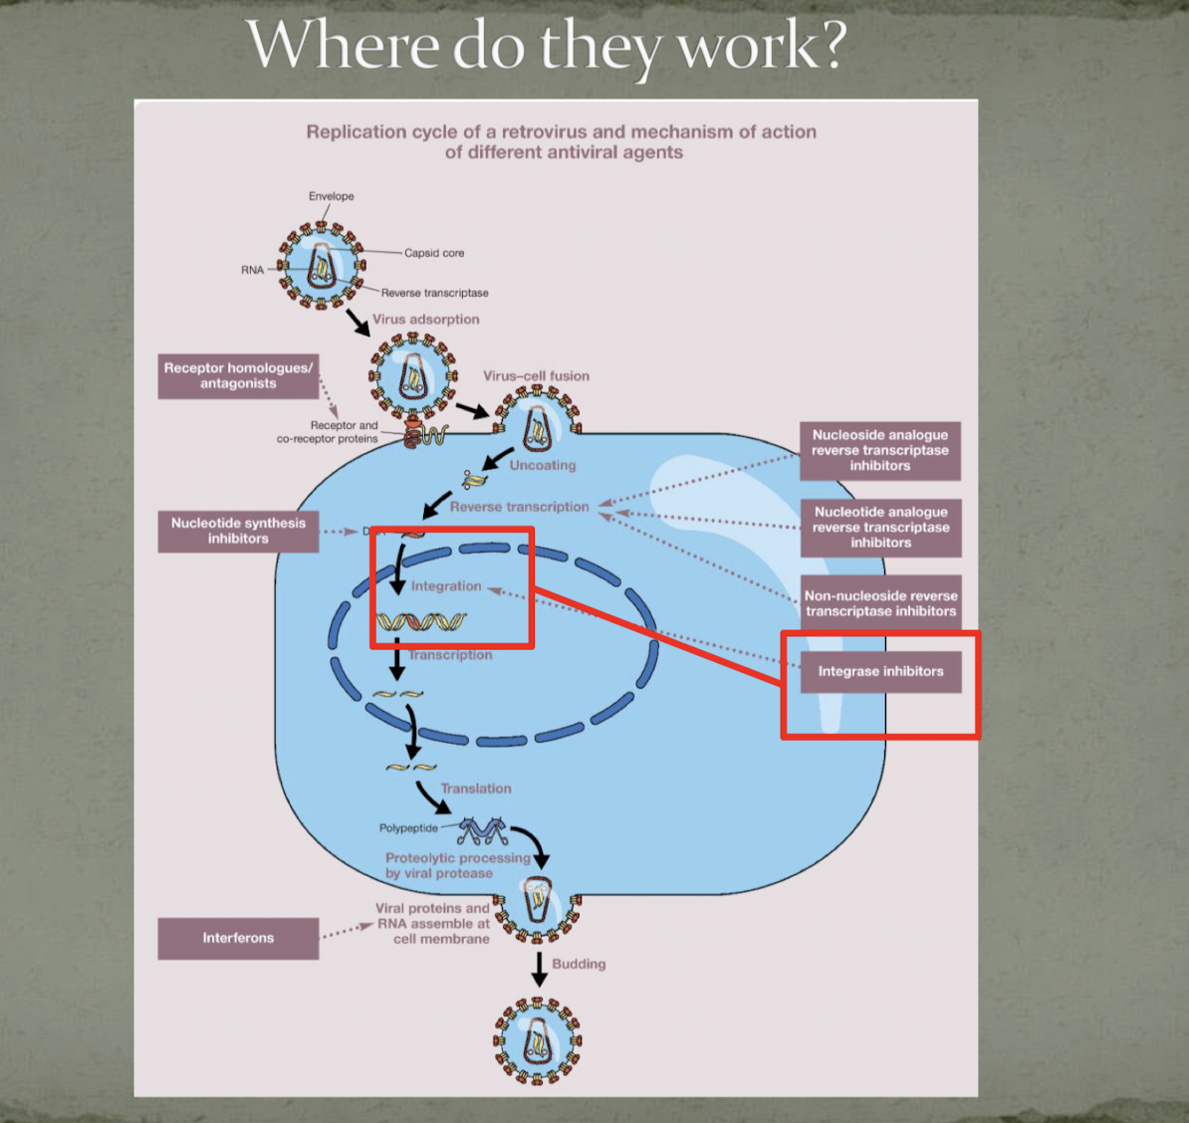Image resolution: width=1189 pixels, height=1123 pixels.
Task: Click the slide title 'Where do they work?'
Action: [546, 45]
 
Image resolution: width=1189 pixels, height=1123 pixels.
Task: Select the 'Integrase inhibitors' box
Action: [880, 672]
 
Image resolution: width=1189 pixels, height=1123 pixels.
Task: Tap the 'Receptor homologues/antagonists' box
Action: [238, 376]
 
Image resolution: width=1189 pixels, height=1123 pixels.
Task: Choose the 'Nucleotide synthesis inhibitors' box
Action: [238, 531]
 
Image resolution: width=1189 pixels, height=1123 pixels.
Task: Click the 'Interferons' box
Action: [238, 938]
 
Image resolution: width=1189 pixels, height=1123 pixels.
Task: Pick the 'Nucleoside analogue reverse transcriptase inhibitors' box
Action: [879, 450]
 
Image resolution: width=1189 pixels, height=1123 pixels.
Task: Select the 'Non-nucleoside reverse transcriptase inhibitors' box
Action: [880, 603]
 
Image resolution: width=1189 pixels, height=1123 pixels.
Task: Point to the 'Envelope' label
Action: [331, 196]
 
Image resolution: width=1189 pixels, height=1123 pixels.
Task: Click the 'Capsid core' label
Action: [434, 253]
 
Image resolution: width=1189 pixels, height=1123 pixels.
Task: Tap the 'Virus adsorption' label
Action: [425, 320]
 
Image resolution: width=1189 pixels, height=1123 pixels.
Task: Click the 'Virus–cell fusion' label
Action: [536, 376]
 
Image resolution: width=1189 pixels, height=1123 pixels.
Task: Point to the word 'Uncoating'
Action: [543, 465]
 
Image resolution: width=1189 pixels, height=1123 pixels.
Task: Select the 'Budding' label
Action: [579, 964]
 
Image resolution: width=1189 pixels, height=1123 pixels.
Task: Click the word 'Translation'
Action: [476, 788]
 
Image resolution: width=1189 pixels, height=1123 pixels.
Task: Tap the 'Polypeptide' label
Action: [408, 828]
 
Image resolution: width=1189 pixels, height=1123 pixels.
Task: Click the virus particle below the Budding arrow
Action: [537, 1041]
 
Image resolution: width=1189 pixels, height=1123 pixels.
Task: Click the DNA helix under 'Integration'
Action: [420, 623]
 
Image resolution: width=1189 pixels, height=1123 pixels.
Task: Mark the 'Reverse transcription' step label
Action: [519, 507]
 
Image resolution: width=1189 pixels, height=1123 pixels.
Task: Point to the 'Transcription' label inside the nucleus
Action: [450, 655]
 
